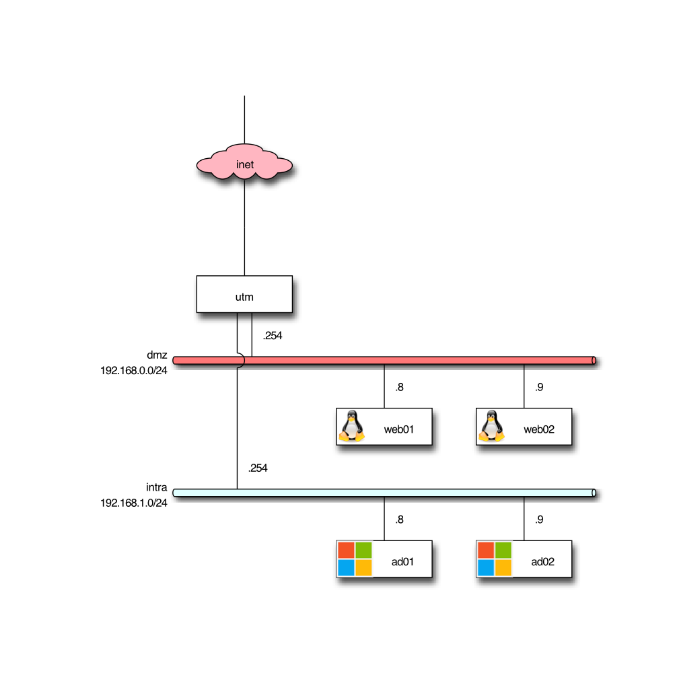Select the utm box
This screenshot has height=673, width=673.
pos(244,294)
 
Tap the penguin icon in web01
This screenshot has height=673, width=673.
pos(351,427)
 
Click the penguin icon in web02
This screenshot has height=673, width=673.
pos(491,427)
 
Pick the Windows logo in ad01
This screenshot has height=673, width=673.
pos(355,559)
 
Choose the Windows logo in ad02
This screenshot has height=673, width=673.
pos(495,559)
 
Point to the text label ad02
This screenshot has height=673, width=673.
pos(542,562)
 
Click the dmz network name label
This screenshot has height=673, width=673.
pos(157,355)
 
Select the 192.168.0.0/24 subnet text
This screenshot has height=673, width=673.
pos(134,370)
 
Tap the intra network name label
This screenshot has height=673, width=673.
pos(156,487)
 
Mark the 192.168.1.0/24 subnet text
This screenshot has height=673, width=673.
pos(134,503)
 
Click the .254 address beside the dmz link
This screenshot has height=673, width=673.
pos(273,335)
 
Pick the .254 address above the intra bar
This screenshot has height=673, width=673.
pos(258,468)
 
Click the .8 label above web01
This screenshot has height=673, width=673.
pos(399,387)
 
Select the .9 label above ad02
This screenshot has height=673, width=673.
pos(539,520)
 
